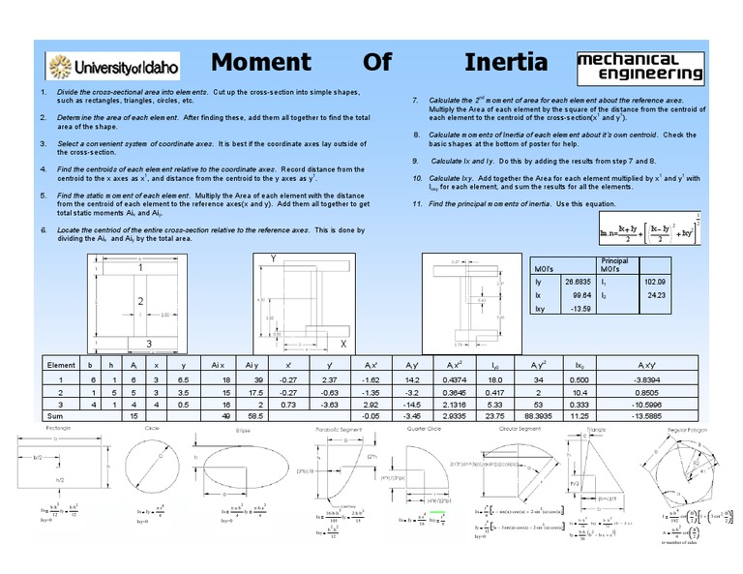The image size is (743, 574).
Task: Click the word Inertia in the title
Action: (506, 63)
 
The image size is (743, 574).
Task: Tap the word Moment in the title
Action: (261, 63)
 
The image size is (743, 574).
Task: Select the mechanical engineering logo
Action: (639, 66)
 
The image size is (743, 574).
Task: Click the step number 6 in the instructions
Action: (44, 230)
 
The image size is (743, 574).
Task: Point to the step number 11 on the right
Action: (416, 205)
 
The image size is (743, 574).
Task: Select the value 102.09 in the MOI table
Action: (655, 282)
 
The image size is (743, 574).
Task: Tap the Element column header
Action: (63, 364)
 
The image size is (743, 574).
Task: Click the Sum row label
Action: (55, 414)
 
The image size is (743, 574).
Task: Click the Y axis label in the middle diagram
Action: (273, 259)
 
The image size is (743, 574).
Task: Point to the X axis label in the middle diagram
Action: (342, 344)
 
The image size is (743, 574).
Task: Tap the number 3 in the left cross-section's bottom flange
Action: (148, 343)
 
